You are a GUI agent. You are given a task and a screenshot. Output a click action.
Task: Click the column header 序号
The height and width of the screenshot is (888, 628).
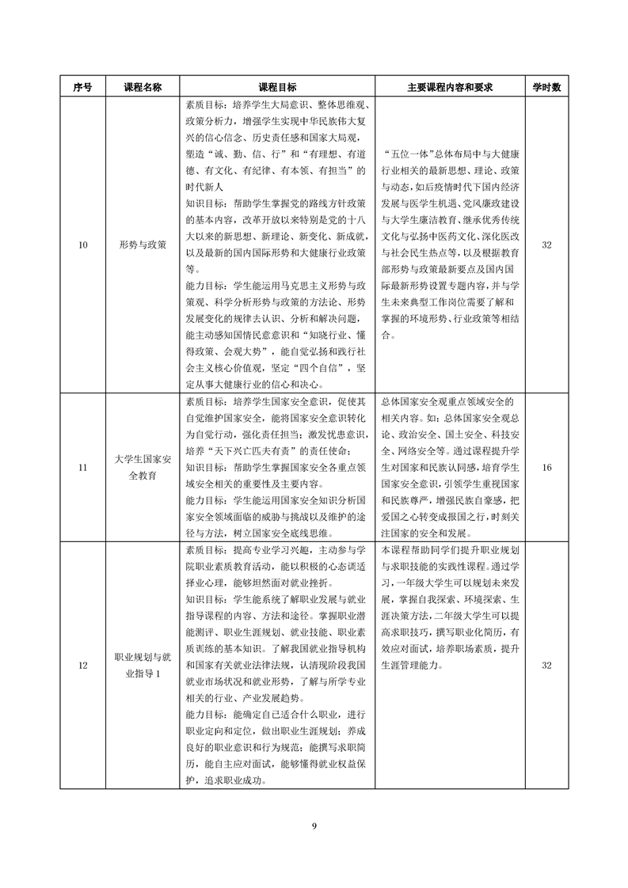pyautogui.click(x=83, y=88)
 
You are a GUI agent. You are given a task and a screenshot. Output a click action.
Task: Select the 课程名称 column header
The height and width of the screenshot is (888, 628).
pyautogui.click(x=143, y=88)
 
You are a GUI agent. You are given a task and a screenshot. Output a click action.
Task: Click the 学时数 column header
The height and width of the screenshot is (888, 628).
pyautogui.click(x=546, y=88)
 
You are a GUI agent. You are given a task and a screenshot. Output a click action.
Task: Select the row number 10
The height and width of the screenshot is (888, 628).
pyautogui.click(x=83, y=245)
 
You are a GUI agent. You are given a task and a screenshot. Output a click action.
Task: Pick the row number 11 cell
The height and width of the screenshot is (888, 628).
pyautogui.click(x=83, y=469)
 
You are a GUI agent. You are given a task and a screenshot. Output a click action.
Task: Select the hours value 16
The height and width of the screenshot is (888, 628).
pyautogui.click(x=546, y=469)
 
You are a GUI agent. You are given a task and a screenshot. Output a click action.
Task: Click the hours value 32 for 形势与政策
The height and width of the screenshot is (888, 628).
pyautogui.click(x=546, y=245)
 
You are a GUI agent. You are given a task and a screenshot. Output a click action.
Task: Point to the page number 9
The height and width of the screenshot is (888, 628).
pyautogui.click(x=314, y=826)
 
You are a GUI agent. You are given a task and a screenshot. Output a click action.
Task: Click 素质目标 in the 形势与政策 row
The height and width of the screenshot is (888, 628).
pyautogui.click(x=204, y=104)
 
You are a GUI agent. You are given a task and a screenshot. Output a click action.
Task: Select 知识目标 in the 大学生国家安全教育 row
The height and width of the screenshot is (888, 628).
pyautogui.click(x=204, y=468)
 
